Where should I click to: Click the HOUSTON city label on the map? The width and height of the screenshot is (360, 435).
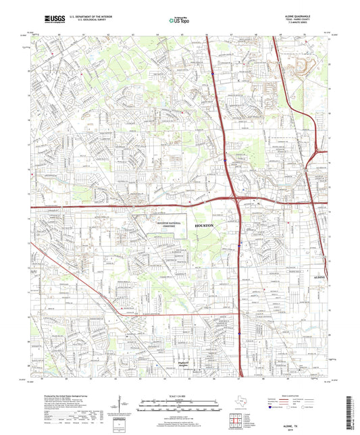[203, 224]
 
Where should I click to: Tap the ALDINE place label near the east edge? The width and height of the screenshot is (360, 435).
[319, 278]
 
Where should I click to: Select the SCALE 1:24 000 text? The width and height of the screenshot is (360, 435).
[180, 394]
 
